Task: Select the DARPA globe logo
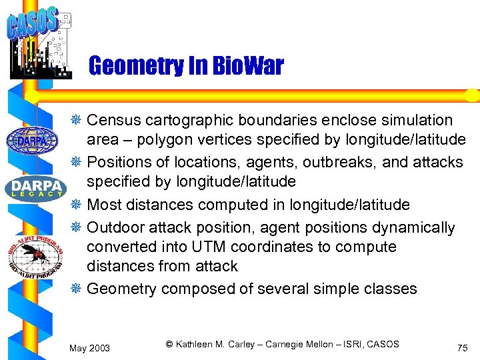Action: pyautogui.click(x=32, y=140)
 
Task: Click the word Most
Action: pyautogui.click(x=104, y=205)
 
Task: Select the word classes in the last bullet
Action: pyautogui.click(x=390, y=289)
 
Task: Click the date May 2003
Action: pyautogui.click(x=90, y=348)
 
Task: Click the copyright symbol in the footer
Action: pyautogui.click(x=169, y=344)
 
